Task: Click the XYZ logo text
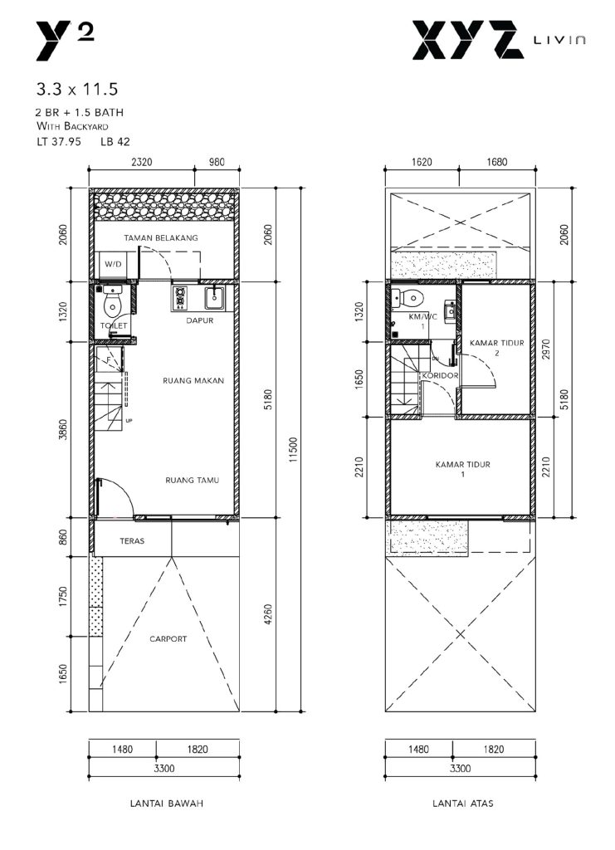(468, 40)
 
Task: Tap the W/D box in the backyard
(113, 265)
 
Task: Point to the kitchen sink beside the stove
(215, 298)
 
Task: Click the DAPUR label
(200, 320)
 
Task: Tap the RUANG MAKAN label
(193, 380)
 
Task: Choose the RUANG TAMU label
(193, 480)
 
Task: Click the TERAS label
(132, 540)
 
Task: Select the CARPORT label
(168, 639)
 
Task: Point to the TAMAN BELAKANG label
(161, 237)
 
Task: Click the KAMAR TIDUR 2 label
(497, 348)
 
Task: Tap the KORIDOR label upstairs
(440, 375)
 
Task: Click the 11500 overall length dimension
(293, 449)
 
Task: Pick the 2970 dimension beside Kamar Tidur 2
(546, 350)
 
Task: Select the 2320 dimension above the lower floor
(141, 162)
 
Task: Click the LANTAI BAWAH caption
(167, 804)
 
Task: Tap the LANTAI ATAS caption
(463, 804)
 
